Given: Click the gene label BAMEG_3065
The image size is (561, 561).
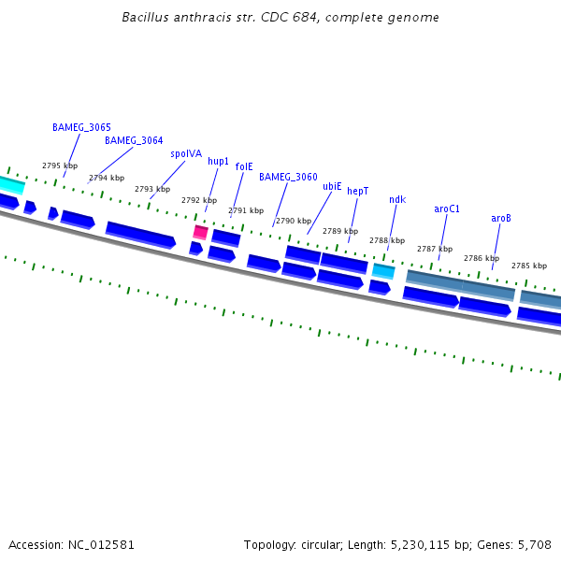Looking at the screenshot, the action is click(x=81, y=127).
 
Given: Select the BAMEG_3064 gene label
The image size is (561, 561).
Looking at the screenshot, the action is click(x=134, y=140).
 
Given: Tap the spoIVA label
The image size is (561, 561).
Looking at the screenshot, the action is click(x=186, y=153).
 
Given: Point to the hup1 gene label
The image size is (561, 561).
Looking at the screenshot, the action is click(x=219, y=161).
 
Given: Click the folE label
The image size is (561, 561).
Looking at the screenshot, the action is click(x=244, y=166).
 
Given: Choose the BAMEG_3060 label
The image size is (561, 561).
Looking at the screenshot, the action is click(x=288, y=177).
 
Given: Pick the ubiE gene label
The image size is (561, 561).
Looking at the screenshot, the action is click(x=332, y=186).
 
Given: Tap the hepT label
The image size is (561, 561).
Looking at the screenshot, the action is click(x=358, y=191).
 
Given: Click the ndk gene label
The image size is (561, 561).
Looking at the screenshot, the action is click(x=397, y=199).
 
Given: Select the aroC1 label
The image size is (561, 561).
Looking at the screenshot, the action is click(x=447, y=209).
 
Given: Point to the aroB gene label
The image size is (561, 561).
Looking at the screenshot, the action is click(x=501, y=218).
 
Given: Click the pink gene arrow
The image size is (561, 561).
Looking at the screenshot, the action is click(x=200, y=232).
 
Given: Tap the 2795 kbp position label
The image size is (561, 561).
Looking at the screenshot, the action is click(x=60, y=165).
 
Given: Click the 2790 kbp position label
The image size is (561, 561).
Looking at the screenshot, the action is click(x=294, y=221).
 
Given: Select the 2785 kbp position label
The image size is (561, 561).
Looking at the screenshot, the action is click(x=528, y=266).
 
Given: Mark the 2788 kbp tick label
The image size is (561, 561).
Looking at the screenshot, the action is click(x=387, y=240).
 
